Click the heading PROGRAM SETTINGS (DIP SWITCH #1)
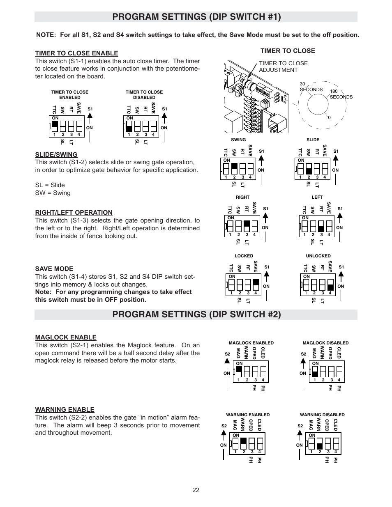coord(196,17)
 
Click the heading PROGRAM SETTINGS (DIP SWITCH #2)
coord(196,314)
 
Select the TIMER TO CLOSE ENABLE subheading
coord(76,53)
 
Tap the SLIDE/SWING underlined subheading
coord(56,155)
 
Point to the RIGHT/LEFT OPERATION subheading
coord(74,213)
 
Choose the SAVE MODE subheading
coord(54,269)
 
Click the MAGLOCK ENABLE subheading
coord(66,337)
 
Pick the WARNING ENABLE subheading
coord(65,409)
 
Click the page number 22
coord(196,490)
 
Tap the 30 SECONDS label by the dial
coord(311,87)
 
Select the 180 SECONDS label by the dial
coord(341,94)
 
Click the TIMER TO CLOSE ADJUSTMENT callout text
coord(283,67)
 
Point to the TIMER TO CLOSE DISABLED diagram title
coord(144,95)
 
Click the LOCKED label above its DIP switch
coord(244,256)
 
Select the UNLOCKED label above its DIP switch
coord(318,256)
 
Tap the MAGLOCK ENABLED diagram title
coord(251,343)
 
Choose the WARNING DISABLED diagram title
coord(322,415)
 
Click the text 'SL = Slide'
coord(50,185)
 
